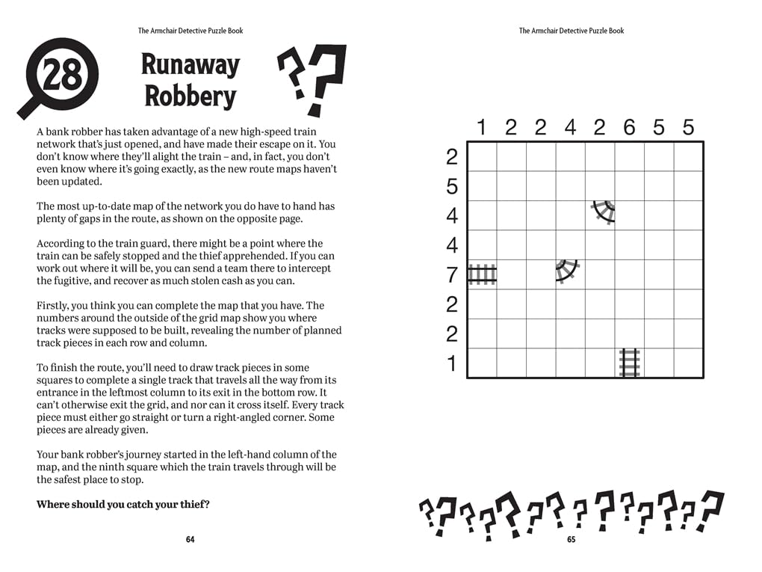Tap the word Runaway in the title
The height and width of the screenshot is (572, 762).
pos(190,65)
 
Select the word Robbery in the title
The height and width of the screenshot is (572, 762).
pos(190,96)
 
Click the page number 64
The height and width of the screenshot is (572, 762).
pos(190,540)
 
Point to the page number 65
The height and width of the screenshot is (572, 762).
pos(571,540)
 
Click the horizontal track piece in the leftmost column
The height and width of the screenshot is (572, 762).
pos(482,275)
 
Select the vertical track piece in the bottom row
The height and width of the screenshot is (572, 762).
pos(629,363)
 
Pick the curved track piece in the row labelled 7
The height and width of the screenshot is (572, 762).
pos(568,271)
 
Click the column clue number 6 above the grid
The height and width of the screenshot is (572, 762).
pos(629,128)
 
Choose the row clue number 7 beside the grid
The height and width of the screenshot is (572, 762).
pos(451,275)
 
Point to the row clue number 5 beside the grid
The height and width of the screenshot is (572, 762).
pos(451,186)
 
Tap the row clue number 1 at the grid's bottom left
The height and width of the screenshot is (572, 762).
pos(451,364)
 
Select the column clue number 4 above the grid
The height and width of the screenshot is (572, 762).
pos(570,128)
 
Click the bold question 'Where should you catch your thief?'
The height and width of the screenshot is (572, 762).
pos(123,504)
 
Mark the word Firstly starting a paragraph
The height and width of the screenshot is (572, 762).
pos(54,305)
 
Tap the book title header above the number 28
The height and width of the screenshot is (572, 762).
pos(190,31)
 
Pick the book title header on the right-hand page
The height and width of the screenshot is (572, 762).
pos(571,31)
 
